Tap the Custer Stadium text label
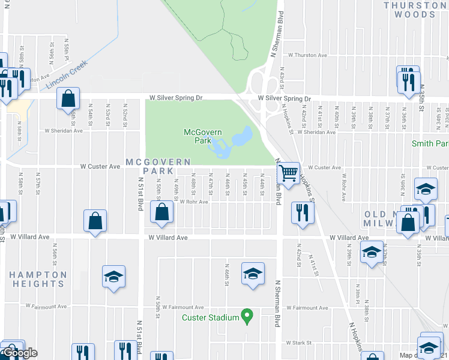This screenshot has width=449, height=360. point(211,317)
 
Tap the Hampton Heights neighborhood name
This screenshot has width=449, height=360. point(38,280)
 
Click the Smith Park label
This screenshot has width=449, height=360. point(430,144)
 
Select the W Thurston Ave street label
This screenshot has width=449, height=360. point(307,55)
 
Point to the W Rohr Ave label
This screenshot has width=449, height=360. point(194,202)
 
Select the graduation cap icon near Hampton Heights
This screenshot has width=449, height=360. point(113,276)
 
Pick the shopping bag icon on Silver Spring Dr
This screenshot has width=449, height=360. point(68,97)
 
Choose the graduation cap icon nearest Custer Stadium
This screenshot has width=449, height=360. point(253,273)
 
